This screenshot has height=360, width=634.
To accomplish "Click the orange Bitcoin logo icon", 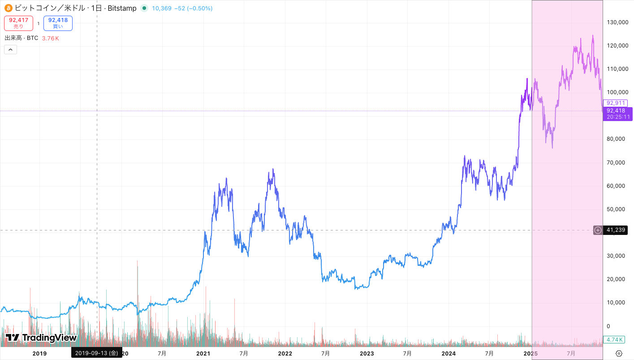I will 9,8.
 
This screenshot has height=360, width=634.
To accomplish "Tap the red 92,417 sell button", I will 18,23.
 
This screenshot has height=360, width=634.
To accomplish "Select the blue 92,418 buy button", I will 58,23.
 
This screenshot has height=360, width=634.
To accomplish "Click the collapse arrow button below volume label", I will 10,49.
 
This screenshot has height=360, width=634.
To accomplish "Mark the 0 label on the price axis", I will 608,326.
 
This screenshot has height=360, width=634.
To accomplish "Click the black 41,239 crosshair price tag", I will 615,230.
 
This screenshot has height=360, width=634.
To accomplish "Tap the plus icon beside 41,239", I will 598,230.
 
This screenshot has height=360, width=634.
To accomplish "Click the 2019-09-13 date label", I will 96,353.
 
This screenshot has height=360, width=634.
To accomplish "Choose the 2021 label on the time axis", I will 203,353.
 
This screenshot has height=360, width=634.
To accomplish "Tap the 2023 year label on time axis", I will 367,353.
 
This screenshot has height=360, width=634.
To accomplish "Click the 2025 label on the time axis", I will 530,353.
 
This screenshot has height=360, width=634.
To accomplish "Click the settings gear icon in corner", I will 619,353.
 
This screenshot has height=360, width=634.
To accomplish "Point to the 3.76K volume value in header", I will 51,38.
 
